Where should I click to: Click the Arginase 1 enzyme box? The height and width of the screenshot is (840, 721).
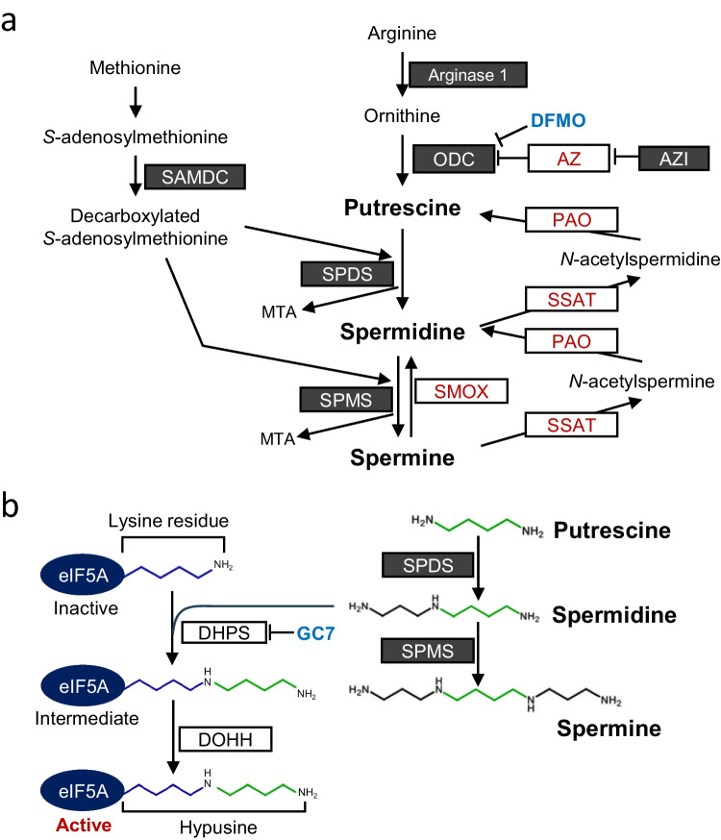467,74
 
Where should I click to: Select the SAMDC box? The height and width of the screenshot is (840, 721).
195,177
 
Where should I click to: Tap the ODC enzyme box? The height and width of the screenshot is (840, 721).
454,159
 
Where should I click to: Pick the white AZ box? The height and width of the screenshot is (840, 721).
568,158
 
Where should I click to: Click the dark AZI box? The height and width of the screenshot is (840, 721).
673,159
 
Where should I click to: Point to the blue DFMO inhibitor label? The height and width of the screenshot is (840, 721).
559,120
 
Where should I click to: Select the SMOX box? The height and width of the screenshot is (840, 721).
461,391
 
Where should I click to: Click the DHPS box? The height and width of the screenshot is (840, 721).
224,632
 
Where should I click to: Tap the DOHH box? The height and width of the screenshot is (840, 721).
225,739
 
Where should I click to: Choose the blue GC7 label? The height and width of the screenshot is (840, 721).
315,633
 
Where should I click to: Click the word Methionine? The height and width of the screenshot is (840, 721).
135,67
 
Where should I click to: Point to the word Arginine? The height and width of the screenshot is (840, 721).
402,34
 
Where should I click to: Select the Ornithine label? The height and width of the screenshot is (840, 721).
402,115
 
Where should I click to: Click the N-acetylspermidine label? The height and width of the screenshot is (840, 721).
640,259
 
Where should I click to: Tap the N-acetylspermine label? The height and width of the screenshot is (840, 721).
641,382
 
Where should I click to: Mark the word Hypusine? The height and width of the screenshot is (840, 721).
218,828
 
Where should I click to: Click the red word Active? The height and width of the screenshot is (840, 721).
84,825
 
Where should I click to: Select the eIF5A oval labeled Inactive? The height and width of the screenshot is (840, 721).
83,575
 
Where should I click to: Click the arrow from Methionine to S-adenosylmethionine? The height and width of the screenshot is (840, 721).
136,102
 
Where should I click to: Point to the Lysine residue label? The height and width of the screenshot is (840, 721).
168,521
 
